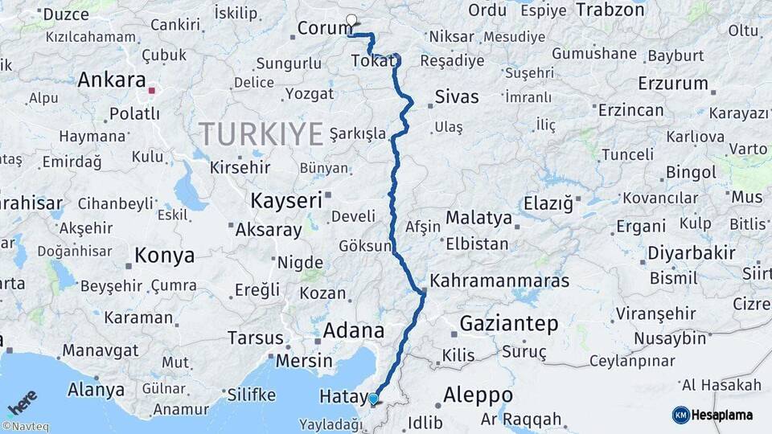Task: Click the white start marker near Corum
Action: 351,20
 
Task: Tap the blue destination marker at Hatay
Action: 373,399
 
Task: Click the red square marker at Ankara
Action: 151,91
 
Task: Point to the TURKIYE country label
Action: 261,133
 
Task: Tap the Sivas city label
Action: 457,97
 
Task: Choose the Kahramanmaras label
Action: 499,281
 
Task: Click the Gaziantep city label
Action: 508,324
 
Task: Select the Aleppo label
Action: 477,395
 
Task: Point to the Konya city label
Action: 164,256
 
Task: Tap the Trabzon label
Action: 611,10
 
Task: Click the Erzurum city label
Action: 673,84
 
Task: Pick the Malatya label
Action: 478,218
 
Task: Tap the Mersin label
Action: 304,361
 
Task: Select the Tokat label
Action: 372,61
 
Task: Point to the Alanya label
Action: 96,390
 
